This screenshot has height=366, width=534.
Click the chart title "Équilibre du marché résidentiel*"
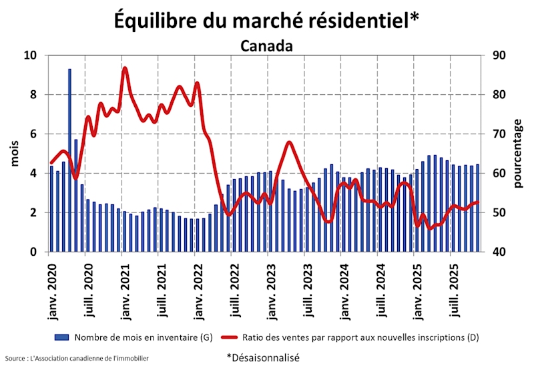266,20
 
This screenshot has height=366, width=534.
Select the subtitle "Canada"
266,47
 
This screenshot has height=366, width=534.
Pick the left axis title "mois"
15,154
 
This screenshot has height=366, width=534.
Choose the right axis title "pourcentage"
519,154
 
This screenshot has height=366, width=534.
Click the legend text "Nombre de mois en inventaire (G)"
144,337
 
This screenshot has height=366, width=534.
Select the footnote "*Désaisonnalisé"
262,358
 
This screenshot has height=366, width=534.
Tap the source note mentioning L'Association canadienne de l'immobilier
76,359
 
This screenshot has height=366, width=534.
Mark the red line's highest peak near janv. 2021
125,68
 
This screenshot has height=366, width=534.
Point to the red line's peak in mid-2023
288,142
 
